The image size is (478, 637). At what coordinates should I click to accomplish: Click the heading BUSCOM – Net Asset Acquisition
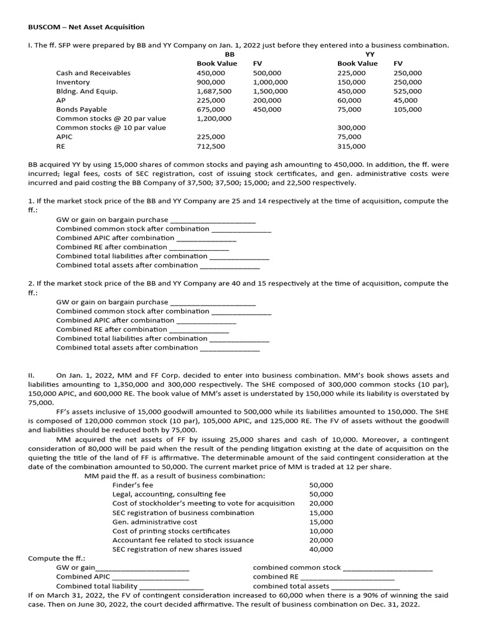[87, 27]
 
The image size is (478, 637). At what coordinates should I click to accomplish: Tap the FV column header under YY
[398, 63]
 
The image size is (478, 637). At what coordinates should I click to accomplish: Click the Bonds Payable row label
[82, 109]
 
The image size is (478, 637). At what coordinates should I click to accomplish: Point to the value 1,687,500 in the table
[213, 91]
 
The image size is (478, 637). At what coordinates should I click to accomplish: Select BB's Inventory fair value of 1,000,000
[271, 82]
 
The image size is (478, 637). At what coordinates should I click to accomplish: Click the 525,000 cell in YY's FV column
[408, 91]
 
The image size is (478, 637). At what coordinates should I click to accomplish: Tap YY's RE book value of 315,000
[352, 146]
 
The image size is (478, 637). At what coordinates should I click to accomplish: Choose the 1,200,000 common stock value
[213, 118]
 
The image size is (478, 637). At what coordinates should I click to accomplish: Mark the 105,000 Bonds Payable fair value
[408, 109]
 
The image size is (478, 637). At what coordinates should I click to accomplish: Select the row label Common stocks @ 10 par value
[111, 128]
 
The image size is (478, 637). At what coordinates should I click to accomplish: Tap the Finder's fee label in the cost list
[133, 485]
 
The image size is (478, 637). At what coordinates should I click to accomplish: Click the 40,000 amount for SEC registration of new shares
[321, 549]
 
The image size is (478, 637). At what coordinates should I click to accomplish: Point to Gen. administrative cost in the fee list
[154, 522]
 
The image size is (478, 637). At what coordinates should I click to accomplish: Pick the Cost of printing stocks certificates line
[171, 531]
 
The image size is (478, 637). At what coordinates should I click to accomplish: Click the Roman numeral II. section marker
[32, 376]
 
